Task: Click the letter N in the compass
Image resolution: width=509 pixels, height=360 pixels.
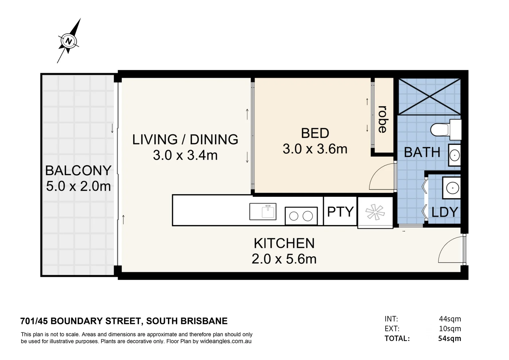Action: coord(68,41)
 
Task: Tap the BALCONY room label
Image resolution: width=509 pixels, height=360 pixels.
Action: coord(78,171)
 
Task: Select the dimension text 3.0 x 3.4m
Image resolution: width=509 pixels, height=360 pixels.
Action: coord(185,155)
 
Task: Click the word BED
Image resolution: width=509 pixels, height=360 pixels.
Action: coord(315,133)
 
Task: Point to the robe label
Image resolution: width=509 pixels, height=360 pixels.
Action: coord(383,119)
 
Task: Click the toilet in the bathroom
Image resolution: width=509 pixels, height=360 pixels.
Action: coord(446,130)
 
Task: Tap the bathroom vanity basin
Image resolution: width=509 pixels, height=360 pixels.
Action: coord(454,155)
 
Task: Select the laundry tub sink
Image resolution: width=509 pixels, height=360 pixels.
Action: coord(451,188)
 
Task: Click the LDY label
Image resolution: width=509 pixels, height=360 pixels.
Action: coord(444,212)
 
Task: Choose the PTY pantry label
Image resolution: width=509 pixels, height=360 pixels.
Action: coord(340,212)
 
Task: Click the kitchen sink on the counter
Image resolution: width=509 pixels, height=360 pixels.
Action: coord(263,212)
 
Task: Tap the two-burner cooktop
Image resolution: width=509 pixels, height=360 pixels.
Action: coord(301,216)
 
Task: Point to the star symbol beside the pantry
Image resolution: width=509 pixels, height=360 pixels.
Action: coord(375,212)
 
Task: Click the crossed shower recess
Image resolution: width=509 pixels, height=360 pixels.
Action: coord(429,96)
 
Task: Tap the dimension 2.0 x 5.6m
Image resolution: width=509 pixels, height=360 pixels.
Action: coord(284,259)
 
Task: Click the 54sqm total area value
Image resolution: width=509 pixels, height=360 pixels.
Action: coord(450,339)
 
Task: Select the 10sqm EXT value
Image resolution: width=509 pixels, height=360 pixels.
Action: coord(450,329)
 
